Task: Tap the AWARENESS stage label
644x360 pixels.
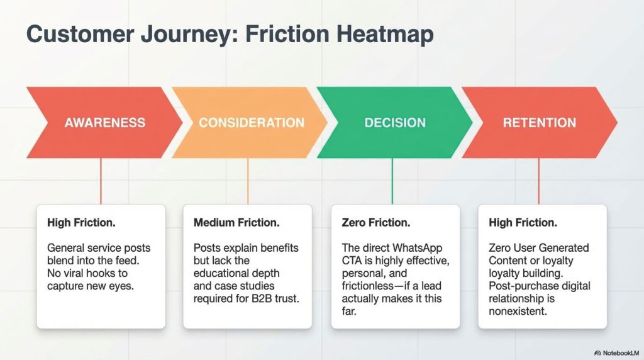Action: [x=104, y=123]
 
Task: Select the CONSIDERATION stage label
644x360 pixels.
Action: [x=252, y=123]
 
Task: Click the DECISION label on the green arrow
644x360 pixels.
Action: [x=395, y=123]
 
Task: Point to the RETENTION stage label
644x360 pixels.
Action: [x=540, y=123]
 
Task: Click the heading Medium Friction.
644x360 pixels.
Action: [x=236, y=223]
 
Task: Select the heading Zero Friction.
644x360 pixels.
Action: [x=376, y=223]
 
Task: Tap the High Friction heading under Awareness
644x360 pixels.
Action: [x=80, y=223]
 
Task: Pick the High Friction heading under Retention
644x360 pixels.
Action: [x=522, y=223]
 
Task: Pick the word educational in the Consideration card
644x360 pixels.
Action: [x=228, y=273]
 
